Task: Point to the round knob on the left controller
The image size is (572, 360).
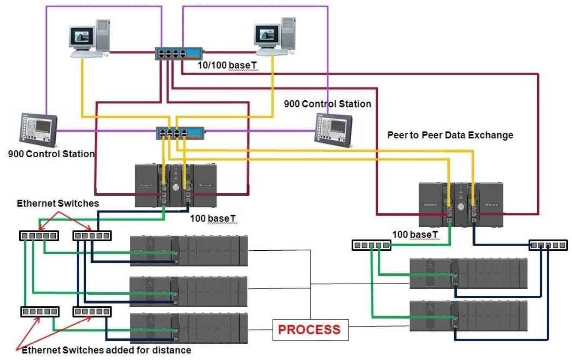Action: pos(175,187)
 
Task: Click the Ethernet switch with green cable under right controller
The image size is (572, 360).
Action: pos(371,245)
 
